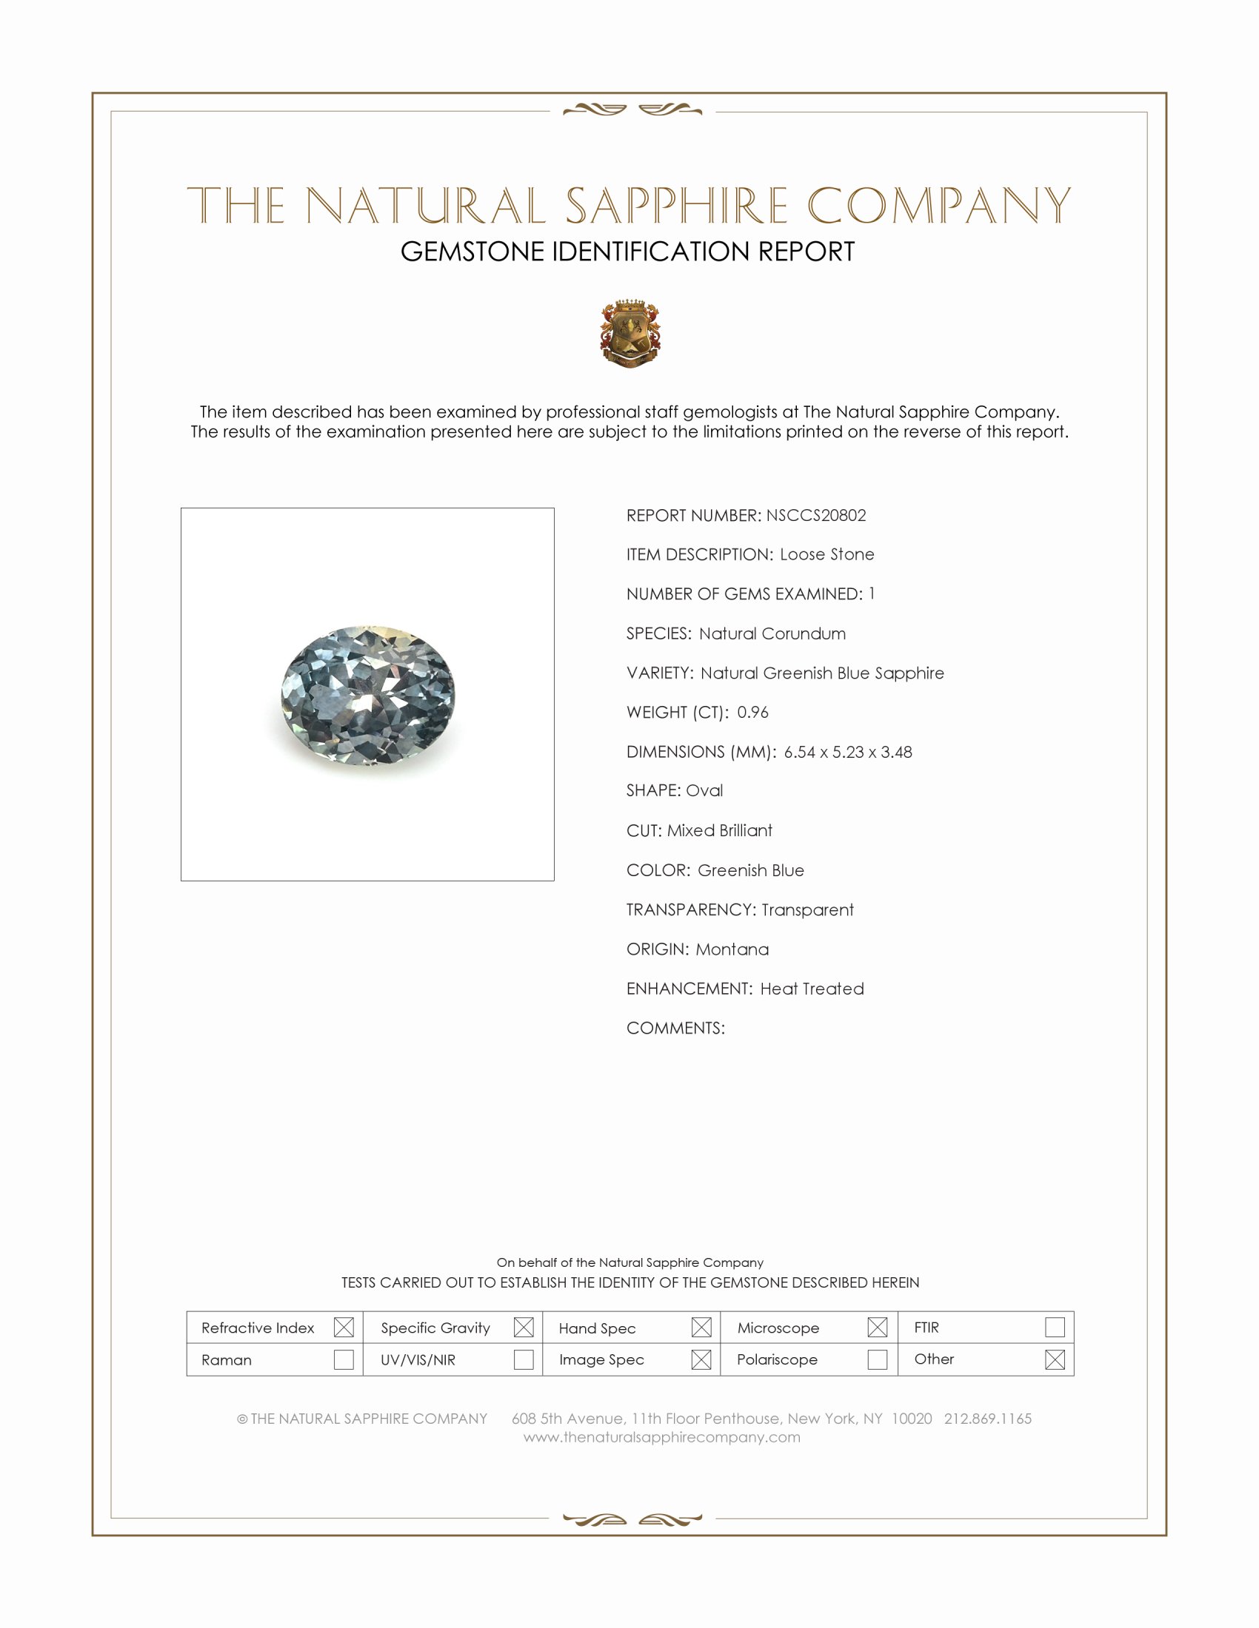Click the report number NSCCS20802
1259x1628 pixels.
815,515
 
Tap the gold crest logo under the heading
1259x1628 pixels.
630,333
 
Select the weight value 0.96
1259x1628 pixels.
752,712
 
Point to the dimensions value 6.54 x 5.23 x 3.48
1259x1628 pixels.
847,751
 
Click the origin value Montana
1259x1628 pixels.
732,949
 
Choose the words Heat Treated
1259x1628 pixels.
812,989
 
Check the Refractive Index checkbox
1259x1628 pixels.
344,1328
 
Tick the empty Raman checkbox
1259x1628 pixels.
344,1359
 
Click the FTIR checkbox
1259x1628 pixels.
1055,1328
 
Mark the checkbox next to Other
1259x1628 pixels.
1055,1359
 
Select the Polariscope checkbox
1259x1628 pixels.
877,1359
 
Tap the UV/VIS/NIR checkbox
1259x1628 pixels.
524,1359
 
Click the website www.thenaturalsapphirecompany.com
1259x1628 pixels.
661,1437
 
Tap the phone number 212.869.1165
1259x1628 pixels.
987,1419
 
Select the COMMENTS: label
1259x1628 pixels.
675,1028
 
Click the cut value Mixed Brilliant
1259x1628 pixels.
719,830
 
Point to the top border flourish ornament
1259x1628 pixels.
632,110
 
